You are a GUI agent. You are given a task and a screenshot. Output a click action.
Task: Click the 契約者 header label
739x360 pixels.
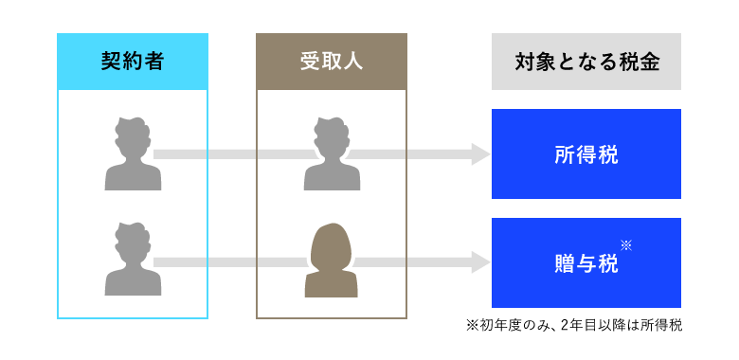pos(132,62)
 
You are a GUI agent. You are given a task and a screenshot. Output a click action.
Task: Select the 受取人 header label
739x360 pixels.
pos(331,62)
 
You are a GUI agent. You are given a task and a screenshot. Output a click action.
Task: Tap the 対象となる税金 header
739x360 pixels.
pos(586,62)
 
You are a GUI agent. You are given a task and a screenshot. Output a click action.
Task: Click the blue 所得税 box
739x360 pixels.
pos(586,153)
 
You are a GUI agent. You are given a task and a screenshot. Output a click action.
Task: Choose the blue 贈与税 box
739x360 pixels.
pos(586,262)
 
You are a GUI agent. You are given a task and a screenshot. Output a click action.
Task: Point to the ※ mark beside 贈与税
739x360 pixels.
pos(626,245)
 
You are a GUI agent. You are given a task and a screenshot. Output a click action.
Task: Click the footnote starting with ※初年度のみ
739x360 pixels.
pos(574,325)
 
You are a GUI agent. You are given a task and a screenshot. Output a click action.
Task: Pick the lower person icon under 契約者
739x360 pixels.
pos(132,260)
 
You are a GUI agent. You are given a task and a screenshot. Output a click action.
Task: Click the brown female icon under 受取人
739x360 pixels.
pos(331,260)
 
